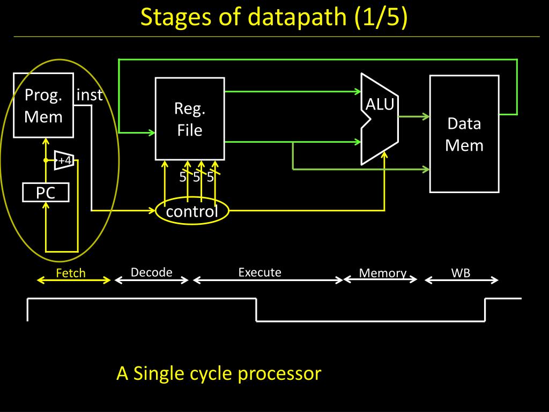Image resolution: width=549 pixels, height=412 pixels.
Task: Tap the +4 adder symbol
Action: click(x=64, y=160)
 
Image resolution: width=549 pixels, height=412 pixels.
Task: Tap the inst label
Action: click(x=90, y=95)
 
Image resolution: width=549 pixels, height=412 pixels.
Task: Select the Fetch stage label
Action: click(x=71, y=273)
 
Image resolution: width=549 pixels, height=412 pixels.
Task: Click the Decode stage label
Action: click(x=151, y=272)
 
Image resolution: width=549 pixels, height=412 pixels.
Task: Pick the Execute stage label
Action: click(x=260, y=272)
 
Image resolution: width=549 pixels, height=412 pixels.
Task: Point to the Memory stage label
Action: click(x=383, y=273)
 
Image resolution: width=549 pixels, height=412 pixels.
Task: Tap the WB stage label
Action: click(x=461, y=273)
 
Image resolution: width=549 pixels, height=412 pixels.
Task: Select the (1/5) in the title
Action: click(x=381, y=17)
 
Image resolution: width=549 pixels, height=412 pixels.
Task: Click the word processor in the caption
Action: click(x=279, y=374)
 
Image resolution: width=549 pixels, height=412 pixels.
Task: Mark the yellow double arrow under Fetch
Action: click(x=74, y=280)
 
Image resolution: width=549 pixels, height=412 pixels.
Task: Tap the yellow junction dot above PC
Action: click(x=46, y=160)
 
